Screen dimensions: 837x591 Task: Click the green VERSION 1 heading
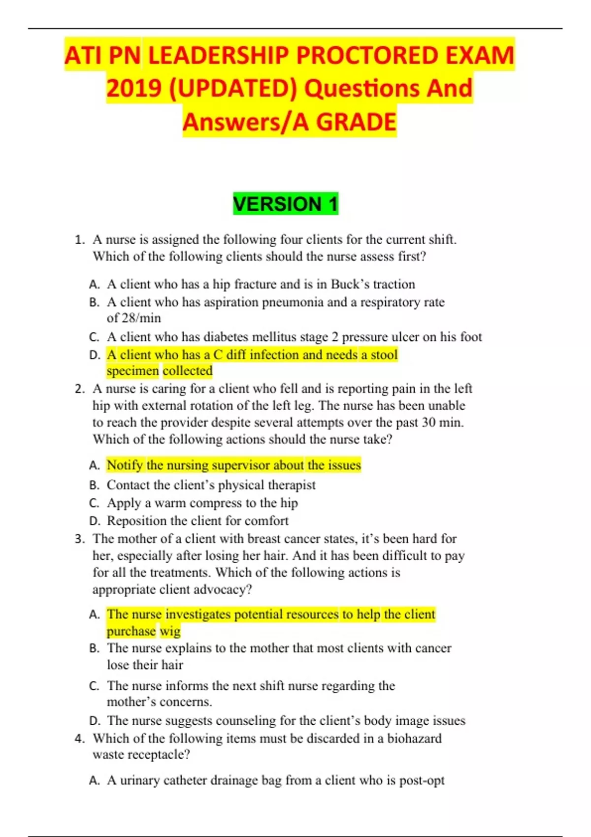[286, 204]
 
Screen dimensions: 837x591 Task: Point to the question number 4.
[80, 739]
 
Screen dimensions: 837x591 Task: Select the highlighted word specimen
[132, 371]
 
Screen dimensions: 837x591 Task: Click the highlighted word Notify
[125, 465]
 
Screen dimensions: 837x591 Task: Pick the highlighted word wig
[170, 631]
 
